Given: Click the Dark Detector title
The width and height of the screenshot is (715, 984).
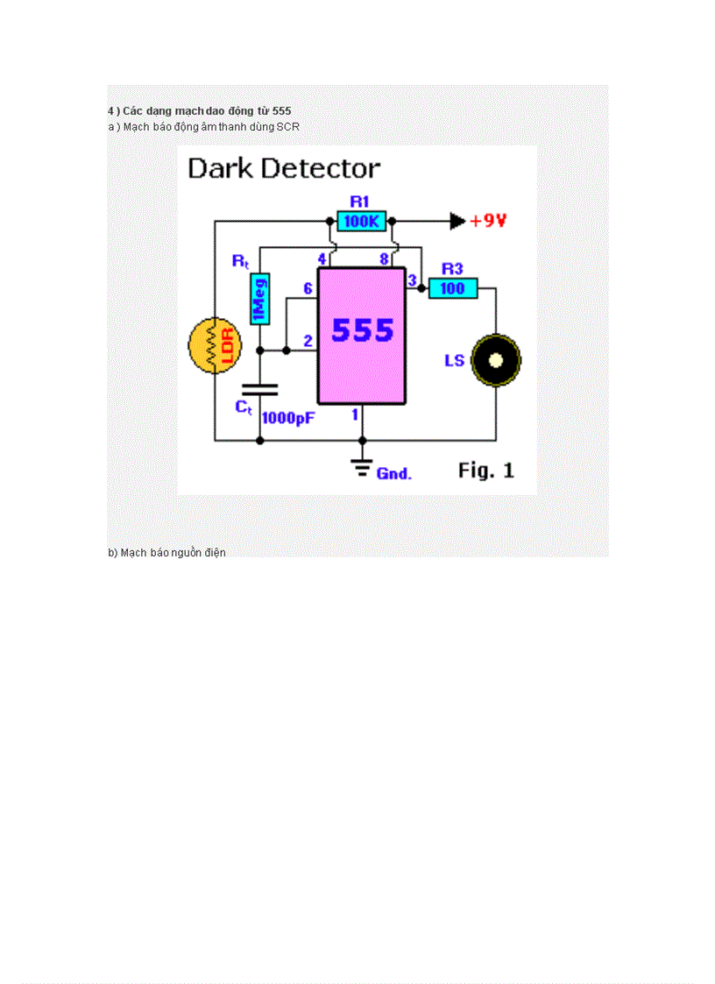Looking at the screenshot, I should pyautogui.click(x=284, y=168).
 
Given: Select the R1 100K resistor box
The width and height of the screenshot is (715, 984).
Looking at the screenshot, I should pyautogui.click(x=362, y=222).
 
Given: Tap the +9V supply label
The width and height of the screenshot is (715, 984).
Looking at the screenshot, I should pyautogui.click(x=489, y=221).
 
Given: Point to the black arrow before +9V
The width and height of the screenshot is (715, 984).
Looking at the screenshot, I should pyautogui.click(x=457, y=221).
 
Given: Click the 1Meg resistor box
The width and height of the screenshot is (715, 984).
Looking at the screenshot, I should pyautogui.click(x=259, y=299).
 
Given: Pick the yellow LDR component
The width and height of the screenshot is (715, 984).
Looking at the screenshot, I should pyautogui.click(x=215, y=346).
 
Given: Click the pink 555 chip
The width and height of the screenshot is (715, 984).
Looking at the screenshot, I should pyautogui.click(x=362, y=336).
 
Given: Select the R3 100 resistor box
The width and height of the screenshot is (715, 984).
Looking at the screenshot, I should pyautogui.click(x=453, y=288).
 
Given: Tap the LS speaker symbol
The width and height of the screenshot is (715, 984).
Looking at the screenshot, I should pyautogui.click(x=496, y=360).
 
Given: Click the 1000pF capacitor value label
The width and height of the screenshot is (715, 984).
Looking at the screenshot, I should pyautogui.click(x=288, y=419).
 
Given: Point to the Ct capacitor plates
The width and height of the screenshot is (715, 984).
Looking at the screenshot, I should pyautogui.click(x=259, y=389).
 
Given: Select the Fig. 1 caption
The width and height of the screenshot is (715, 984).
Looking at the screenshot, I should pyautogui.click(x=485, y=471).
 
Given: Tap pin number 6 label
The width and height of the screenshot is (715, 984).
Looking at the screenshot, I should pyautogui.click(x=308, y=288).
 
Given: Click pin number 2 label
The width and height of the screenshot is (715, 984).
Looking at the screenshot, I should pyautogui.click(x=308, y=341).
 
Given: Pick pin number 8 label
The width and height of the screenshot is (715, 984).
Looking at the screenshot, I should pyautogui.click(x=384, y=258).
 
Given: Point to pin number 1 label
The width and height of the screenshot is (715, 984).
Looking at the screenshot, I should pyautogui.click(x=355, y=414).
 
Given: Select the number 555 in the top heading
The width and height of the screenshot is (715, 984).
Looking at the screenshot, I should pyautogui.click(x=282, y=110).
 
